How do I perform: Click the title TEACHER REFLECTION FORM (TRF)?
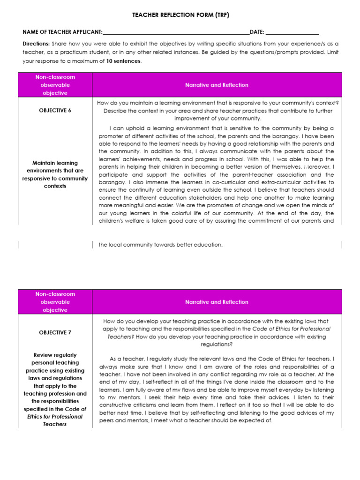point(180,15)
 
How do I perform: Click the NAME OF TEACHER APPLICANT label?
point(62,32)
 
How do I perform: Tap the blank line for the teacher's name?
point(176,33)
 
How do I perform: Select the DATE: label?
point(257,32)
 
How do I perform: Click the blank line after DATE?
point(292,33)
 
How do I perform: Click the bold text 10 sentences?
point(123,61)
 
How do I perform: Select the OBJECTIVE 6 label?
point(55,111)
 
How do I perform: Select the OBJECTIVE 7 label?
point(55,332)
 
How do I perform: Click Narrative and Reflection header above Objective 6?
point(217,85)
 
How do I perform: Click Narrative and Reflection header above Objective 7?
point(217,302)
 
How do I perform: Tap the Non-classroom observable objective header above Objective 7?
point(55,302)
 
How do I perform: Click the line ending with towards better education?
point(160,245)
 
